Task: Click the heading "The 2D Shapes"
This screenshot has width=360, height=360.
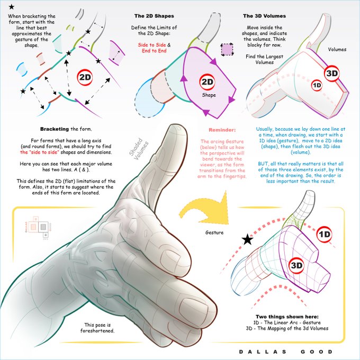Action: (x=154, y=16)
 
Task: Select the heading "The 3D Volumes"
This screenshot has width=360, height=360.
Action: (x=264, y=16)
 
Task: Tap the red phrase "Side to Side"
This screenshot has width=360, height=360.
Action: (x=152, y=45)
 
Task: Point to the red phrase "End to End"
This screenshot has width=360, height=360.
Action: (x=154, y=51)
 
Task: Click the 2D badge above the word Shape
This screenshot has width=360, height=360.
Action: (x=207, y=82)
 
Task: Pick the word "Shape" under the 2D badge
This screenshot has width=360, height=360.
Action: (x=209, y=95)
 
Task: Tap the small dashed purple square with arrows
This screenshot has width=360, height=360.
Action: (x=227, y=49)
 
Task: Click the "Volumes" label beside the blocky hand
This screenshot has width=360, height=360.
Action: (x=337, y=49)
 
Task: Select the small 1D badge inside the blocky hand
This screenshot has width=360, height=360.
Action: (x=317, y=85)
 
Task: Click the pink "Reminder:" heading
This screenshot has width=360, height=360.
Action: (x=222, y=130)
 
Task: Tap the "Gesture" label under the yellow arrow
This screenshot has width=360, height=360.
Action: (x=214, y=232)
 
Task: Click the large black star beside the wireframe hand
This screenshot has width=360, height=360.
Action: (x=248, y=239)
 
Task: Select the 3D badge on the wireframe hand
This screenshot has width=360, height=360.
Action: (x=296, y=266)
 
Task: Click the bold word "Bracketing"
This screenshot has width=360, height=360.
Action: (x=55, y=129)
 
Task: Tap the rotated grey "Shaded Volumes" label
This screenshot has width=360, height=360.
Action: (x=139, y=148)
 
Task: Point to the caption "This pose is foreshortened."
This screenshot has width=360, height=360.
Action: (x=97, y=328)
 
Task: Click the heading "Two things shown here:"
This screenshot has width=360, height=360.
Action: (x=287, y=317)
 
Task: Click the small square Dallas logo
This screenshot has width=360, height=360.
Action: (x=38, y=228)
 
